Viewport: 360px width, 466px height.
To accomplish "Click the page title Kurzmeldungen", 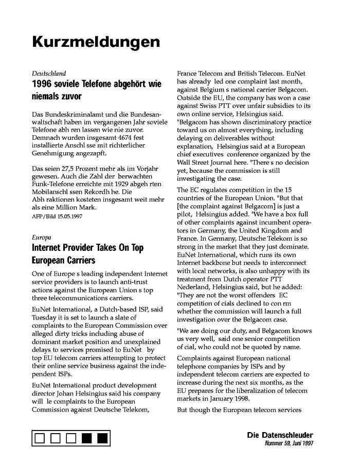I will (96, 41).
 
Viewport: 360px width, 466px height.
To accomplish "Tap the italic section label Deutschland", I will (49, 74).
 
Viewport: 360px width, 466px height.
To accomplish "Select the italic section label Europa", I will (41, 238).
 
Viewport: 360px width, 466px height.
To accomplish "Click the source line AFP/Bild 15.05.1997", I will (57, 216).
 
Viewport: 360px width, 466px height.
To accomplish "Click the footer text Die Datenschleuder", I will (280, 435).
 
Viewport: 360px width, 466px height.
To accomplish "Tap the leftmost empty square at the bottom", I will (41, 438).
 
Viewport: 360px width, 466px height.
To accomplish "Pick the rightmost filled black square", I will (102, 438).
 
